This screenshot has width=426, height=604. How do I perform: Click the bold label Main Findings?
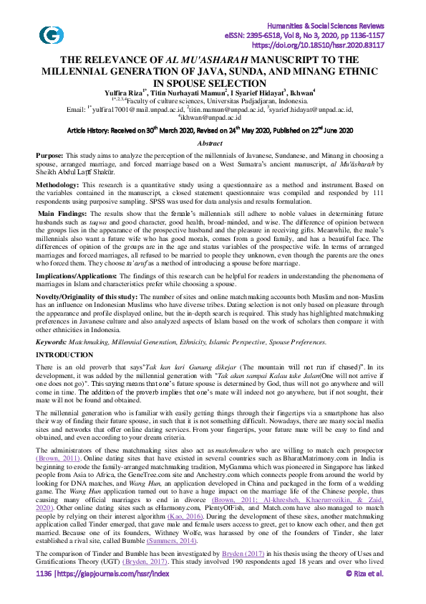[64, 214]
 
